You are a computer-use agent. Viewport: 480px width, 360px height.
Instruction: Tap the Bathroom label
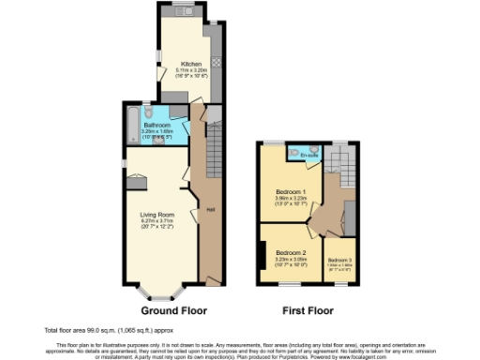(x=156, y=124)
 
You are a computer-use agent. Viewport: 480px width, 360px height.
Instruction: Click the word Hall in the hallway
(x=211, y=208)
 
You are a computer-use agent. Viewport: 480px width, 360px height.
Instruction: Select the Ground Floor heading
(x=173, y=309)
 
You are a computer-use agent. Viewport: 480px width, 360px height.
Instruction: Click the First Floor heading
(x=307, y=309)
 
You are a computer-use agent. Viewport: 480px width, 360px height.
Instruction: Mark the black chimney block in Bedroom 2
(x=262, y=252)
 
